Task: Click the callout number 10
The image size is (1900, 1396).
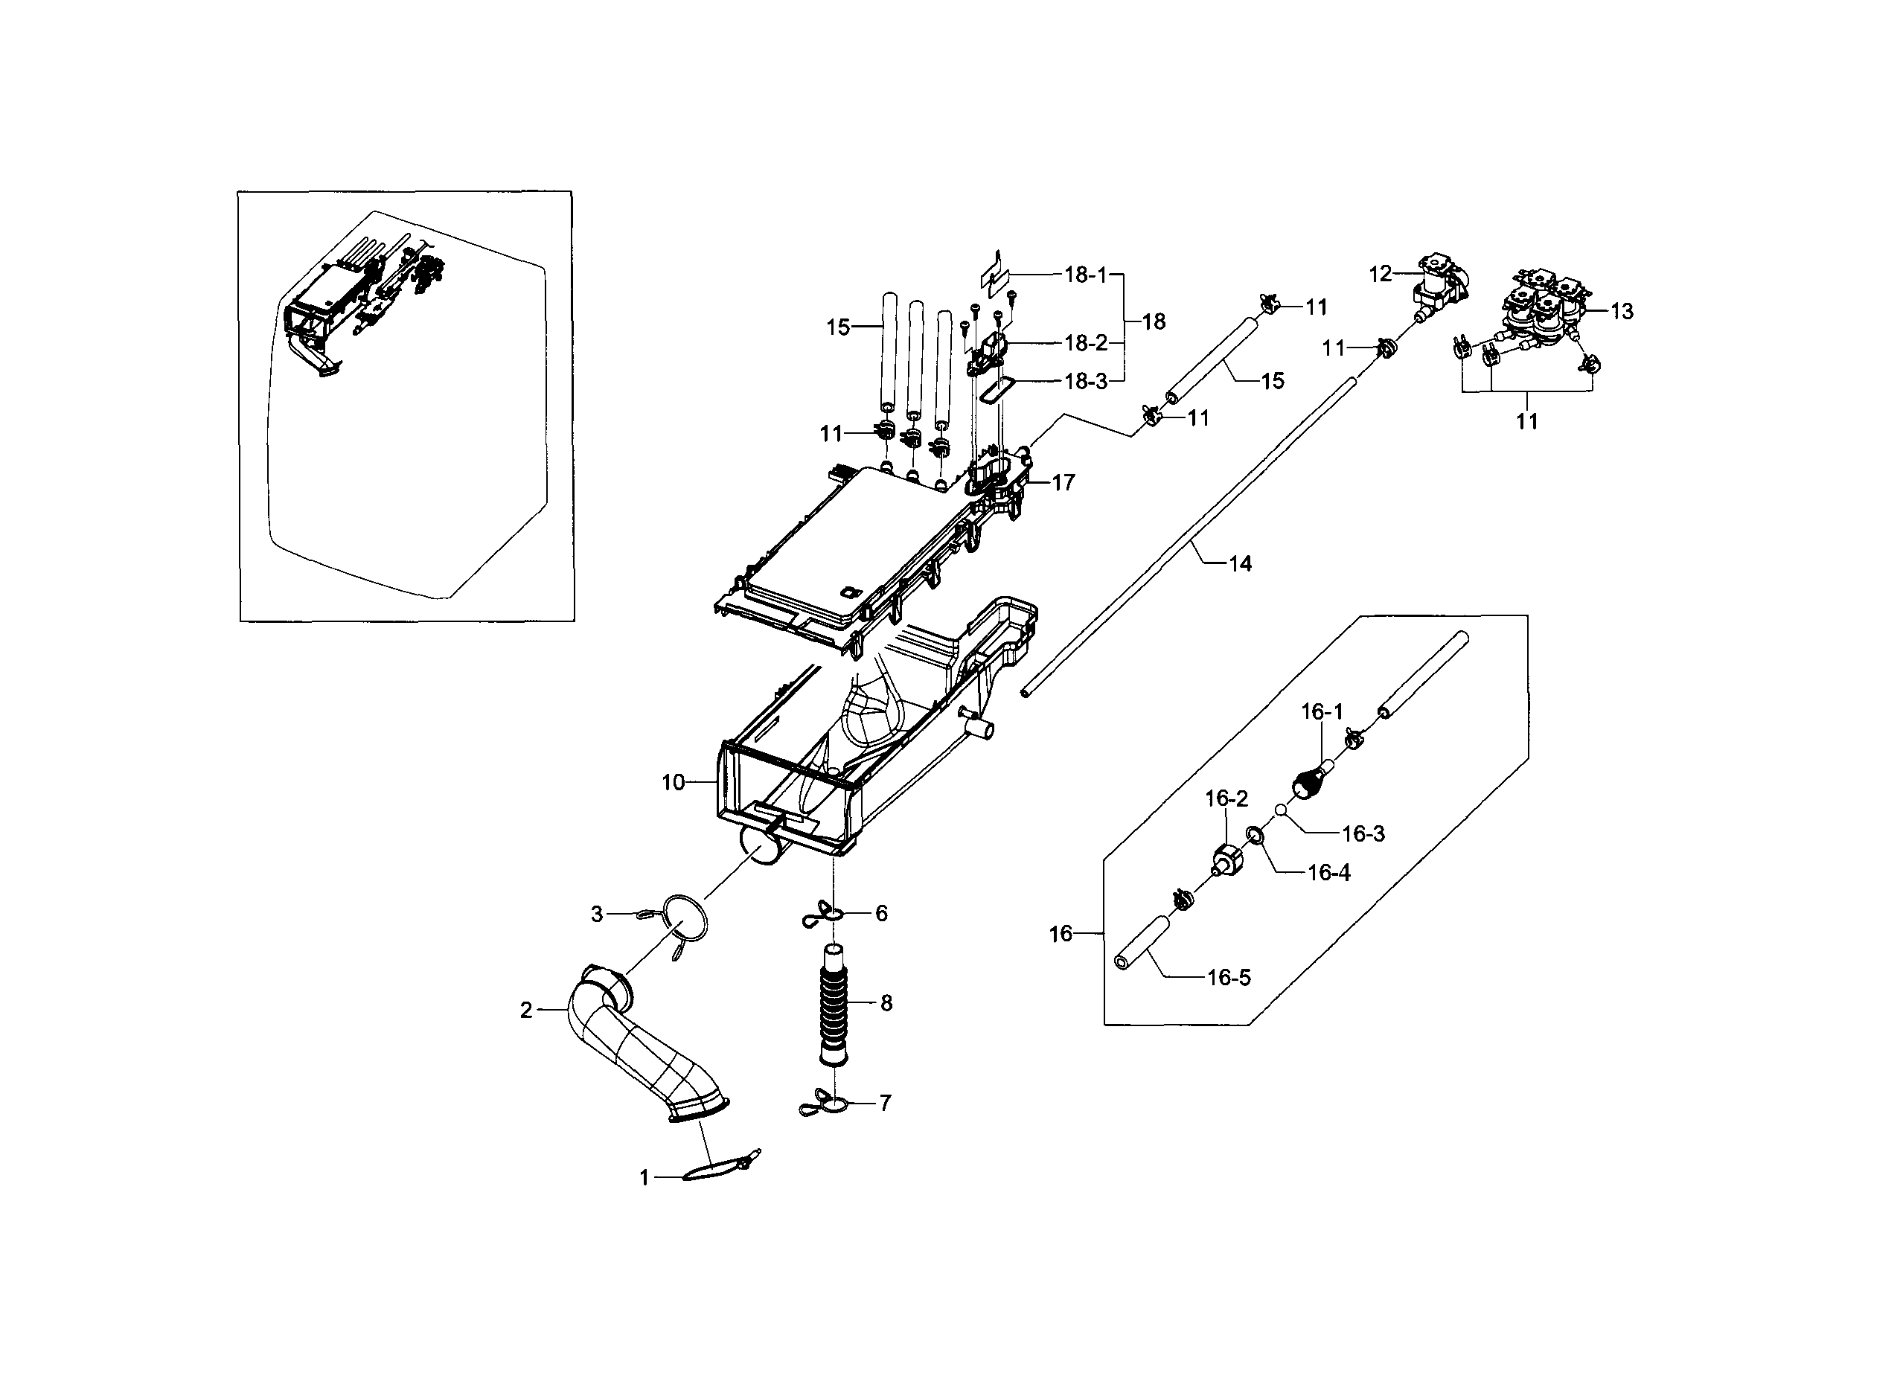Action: [672, 784]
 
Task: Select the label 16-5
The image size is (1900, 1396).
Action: [1228, 978]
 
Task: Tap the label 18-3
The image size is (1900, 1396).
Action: [1085, 381]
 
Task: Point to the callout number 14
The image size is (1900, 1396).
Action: [1239, 563]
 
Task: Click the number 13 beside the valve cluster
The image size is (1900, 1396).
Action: [1621, 312]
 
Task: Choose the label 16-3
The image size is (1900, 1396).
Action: [1363, 834]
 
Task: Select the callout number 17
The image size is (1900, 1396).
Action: [1063, 482]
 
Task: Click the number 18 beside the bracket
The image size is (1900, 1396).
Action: [1153, 321]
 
